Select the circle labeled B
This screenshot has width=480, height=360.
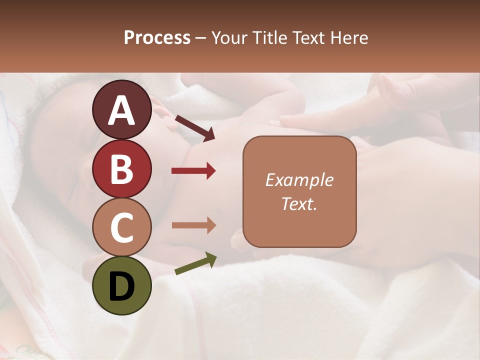122,169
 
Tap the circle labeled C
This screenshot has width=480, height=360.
122,227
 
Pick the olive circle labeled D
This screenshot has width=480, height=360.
122,286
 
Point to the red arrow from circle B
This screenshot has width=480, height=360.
193,171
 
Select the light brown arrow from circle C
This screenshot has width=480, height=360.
193,225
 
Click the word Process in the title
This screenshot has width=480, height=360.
157,38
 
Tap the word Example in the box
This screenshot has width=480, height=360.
299,180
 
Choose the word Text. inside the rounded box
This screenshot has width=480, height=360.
299,203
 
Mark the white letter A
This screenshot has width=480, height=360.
122,110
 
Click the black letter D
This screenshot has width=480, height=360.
122,286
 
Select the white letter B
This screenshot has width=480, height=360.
122,169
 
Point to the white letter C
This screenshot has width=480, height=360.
122,228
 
